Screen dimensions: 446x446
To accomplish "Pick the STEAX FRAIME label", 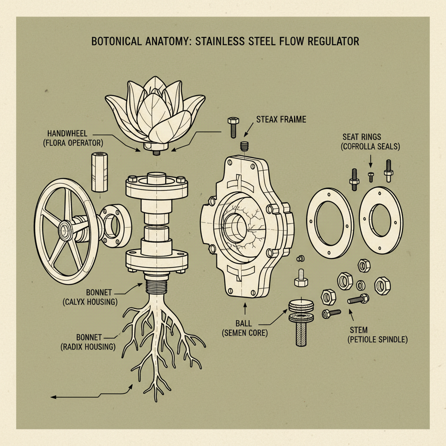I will tap(281, 118).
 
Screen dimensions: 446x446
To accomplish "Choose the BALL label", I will tap(244, 324).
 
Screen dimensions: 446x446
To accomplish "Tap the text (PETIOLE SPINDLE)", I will tap(378, 339).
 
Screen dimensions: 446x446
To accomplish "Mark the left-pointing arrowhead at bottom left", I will tap(53, 397).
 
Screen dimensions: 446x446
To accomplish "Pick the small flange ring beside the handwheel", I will tap(115, 225).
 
